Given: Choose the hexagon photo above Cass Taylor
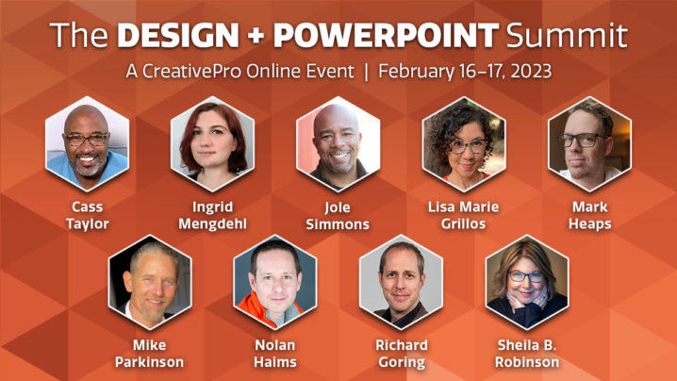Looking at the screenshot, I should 87,144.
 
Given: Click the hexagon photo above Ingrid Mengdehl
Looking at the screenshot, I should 212,144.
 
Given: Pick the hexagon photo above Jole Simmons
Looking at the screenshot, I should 338,144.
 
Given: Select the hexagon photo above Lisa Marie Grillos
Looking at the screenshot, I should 464,144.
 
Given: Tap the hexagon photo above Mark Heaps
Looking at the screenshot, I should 589,144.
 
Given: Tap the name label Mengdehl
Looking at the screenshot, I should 212,224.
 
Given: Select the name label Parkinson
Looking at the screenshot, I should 149,362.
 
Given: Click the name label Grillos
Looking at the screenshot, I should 464,224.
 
